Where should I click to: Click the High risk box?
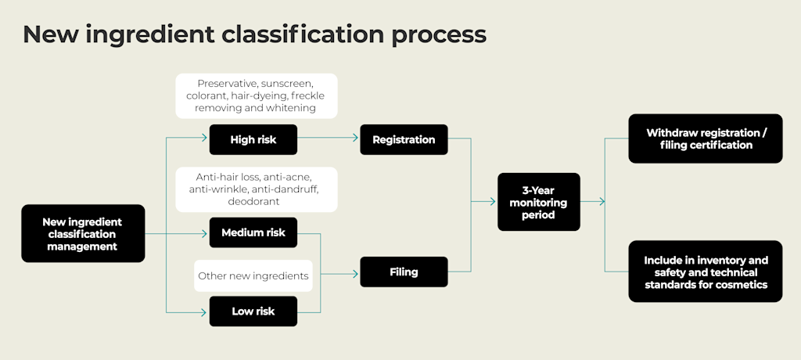253,139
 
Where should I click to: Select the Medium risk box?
253,232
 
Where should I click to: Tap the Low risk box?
253,311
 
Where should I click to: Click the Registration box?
404,139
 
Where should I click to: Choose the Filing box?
404,272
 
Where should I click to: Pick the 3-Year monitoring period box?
539,202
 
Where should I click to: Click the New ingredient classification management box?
82,233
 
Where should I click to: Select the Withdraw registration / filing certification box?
705,139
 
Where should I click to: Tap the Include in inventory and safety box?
705,272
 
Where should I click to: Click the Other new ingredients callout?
253,275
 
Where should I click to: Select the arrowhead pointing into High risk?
205,139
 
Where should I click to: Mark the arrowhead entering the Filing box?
355,272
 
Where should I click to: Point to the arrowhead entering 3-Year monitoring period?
493,202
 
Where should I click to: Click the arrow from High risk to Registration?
329,139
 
